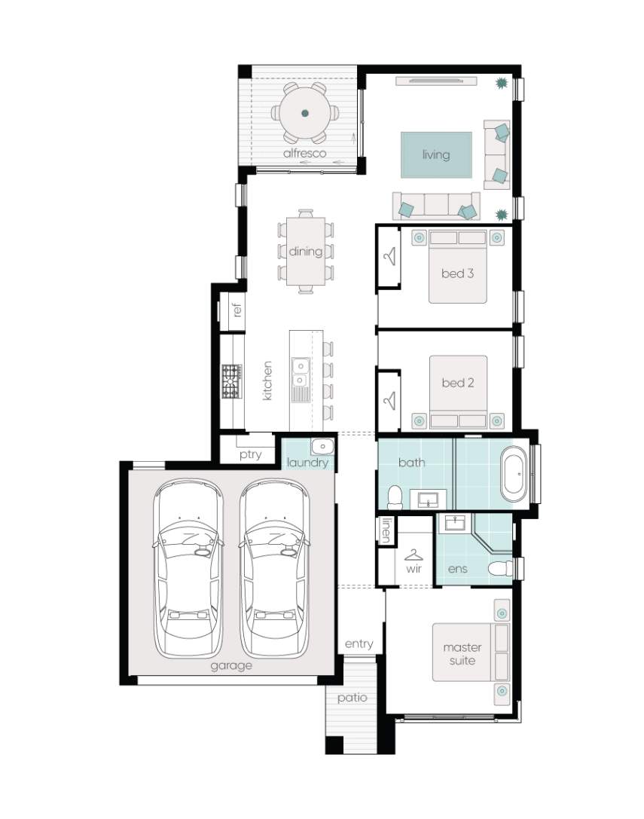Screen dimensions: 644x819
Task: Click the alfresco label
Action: point(304,153)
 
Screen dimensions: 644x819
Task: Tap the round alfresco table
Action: point(305,113)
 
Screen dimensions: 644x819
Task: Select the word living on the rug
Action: point(436,154)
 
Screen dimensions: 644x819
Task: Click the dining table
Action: point(306,251)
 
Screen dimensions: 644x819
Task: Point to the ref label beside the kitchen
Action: point(238,310)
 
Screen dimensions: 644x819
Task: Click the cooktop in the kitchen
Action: point(232,382)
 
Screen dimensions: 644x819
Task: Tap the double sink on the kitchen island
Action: point(300,371)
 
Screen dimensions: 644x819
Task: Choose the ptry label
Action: point(251,454)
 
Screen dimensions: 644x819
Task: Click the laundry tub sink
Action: point(323,447)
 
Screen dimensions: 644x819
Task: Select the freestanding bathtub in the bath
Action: point(514,473)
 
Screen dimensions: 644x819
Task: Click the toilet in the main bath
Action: point(395,497)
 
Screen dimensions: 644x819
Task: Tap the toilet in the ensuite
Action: point(500,569)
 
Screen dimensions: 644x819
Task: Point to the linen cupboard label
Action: point(386,530)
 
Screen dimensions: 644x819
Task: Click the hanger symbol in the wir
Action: point(414,555)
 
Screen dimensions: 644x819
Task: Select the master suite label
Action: point(462,654)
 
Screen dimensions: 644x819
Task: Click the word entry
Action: point(359,644)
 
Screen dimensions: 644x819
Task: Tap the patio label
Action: point(352,698)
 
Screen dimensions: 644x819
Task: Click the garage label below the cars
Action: point(231,666)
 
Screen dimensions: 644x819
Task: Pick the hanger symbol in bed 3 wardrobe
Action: point(389,256)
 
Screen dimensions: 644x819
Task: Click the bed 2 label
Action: point(457,383)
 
